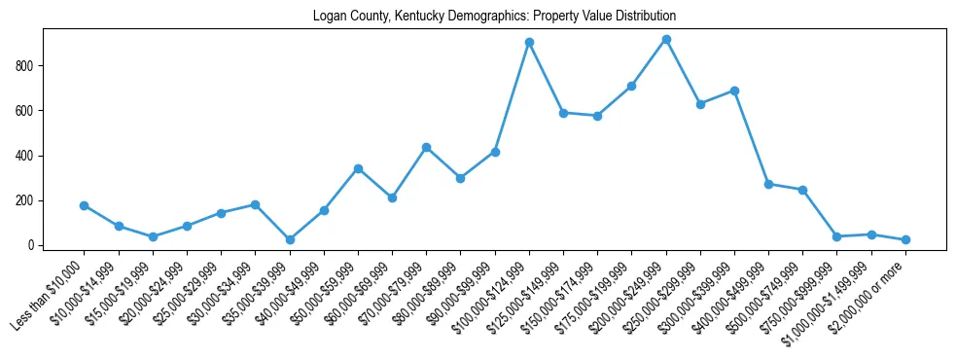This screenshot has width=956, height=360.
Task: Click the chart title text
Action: point(494,17)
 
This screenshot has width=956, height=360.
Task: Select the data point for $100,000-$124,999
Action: point(529,43)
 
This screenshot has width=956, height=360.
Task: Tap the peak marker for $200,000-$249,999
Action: point(666,40)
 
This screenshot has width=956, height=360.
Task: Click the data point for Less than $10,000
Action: point(84,205)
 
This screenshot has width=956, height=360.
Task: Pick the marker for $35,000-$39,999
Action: point(290,239)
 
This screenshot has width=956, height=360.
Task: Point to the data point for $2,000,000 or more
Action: point(905,239)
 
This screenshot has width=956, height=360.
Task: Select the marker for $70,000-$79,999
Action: point(426,147)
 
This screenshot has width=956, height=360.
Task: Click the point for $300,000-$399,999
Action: point(734,90)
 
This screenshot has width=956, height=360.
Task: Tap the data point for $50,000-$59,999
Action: point(358,168)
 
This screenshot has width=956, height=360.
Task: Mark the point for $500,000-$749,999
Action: point(802,190)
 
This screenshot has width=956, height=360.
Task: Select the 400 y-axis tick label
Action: point(27,156)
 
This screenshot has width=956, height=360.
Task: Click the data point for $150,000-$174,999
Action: point(597,116)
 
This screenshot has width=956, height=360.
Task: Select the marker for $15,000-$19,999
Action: point(153,237)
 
